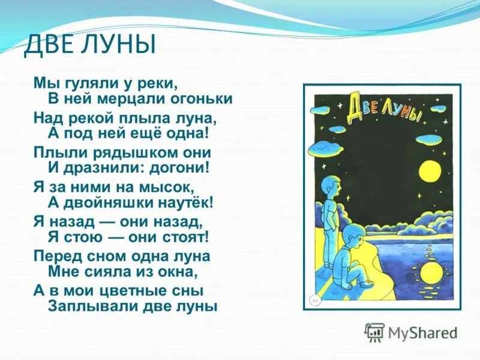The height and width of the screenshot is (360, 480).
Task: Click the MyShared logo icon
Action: [x=374, y=332]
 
